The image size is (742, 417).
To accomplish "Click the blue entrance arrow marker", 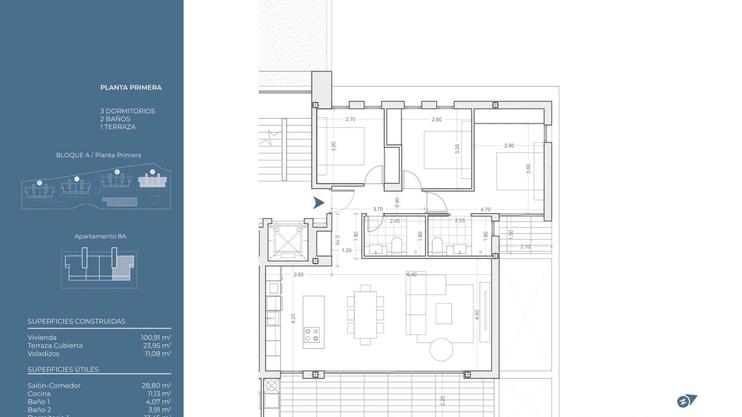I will (x=318, y=203).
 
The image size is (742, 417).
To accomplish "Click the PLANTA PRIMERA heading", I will (x=131, y=88).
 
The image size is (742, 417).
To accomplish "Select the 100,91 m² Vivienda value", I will (x=156, y=337).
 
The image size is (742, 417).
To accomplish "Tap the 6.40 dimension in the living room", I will (x=411, y=275).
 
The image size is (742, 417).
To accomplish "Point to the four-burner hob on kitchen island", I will (x=311, y=335).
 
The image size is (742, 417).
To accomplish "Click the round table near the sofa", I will (x=441, y=349).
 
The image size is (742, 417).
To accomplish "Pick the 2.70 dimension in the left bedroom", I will (x=350, y=119).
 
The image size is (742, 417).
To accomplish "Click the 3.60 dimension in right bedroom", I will (x=528, y=169).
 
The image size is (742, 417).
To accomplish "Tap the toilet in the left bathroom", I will (x=397, y=245).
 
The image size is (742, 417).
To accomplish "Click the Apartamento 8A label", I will (x=100, y=236).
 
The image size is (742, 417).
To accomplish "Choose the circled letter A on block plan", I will (x=152, y=172).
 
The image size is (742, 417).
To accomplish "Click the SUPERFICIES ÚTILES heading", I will (x=63, y=370).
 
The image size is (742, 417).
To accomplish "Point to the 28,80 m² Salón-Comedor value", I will (x=156, y=386).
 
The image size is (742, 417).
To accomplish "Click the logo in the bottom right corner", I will (x=687, y=401).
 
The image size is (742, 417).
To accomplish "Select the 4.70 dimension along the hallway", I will (x=485, y=210).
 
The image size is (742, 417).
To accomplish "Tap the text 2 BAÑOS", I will (x=115, y=119).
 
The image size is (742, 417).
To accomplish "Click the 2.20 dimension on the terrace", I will (x=442, y=400).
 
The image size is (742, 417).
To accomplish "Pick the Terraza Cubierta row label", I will (x=55, y=346).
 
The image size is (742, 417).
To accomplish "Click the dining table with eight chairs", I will (x=365, y=315).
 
